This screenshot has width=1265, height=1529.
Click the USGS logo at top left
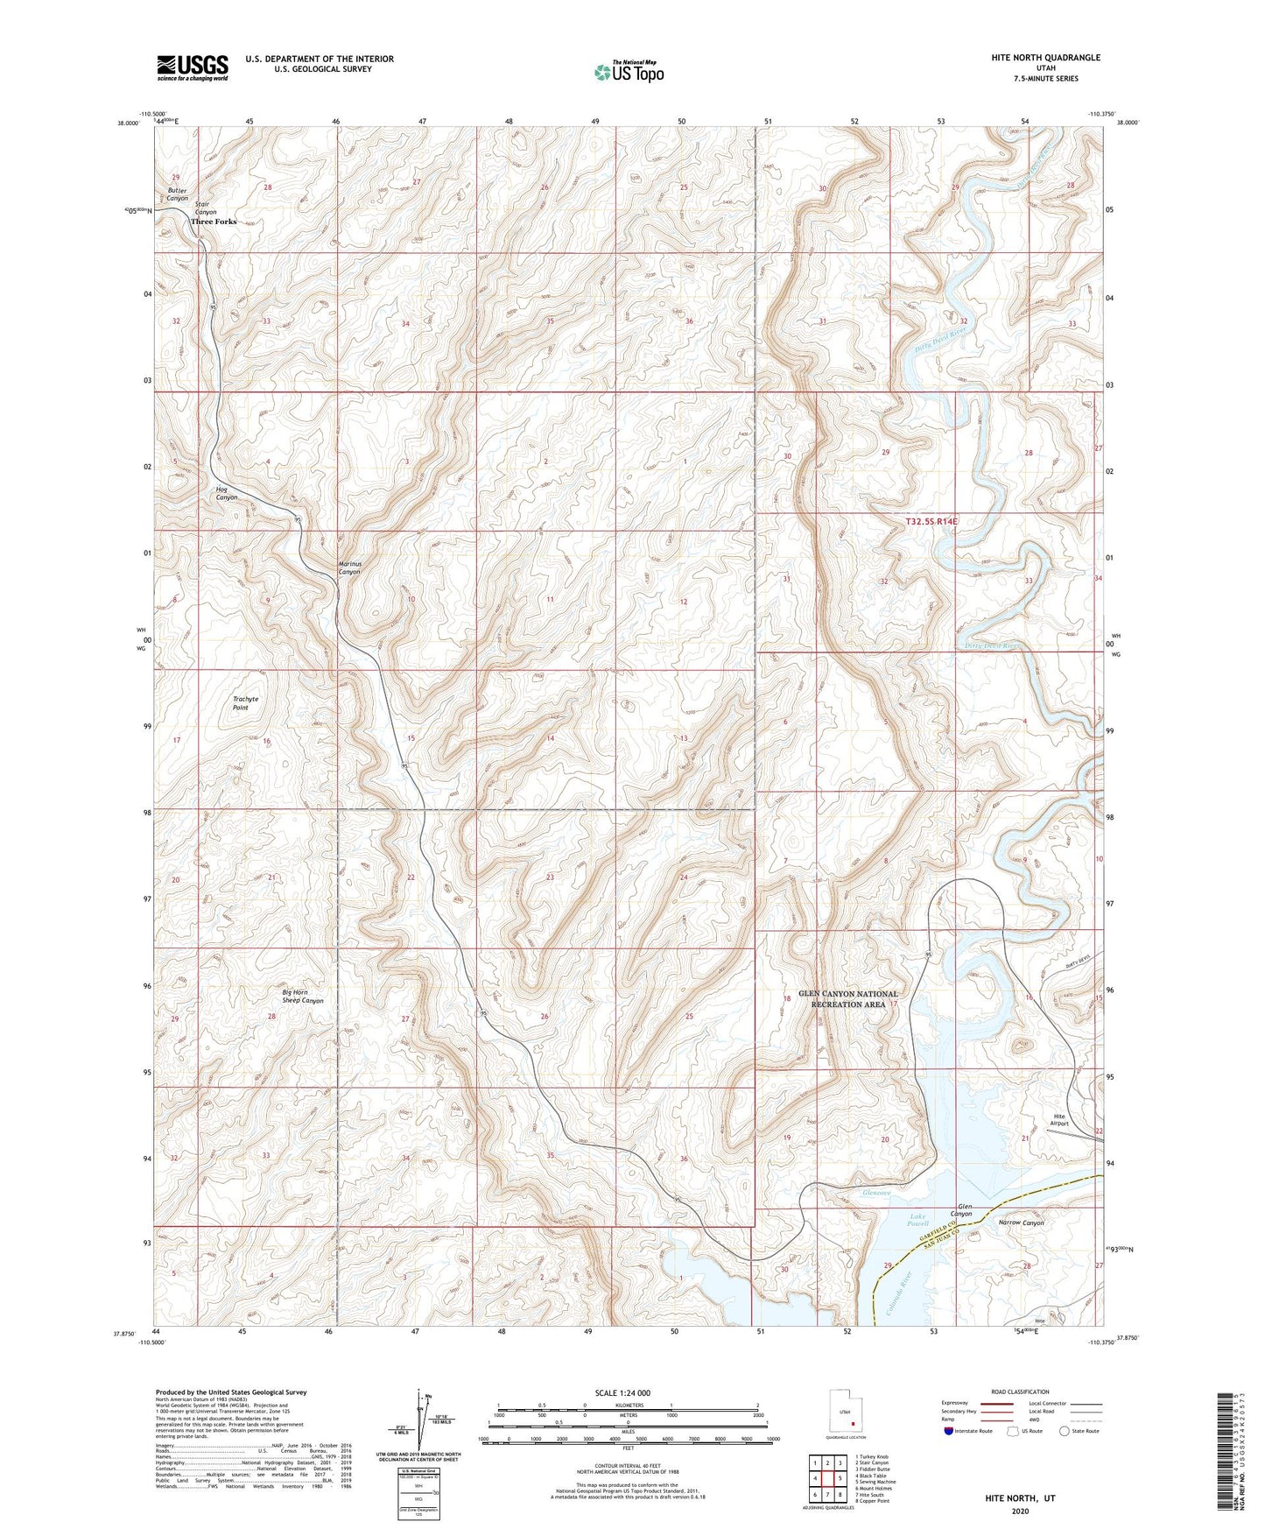click(x=193, y=67)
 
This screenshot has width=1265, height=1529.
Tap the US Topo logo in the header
click(x=628, y=72)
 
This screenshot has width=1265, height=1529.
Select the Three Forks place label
click(x=214, y=222)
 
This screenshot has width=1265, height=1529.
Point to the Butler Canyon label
click(x=178, y=194)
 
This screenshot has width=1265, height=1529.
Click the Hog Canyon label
click(x=227, y=493)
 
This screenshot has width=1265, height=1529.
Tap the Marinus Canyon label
click(x=349, y=567)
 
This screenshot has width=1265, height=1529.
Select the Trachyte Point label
click(x=245, y=703)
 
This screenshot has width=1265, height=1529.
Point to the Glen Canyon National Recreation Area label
click(x=847, y=999)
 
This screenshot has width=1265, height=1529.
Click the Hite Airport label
click(x=1059, y=1120)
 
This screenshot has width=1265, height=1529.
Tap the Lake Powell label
click(x=917, y=1220)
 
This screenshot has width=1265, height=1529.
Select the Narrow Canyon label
click(x=1021, y=1222)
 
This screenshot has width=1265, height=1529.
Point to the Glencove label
click(x=876, y=1193)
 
